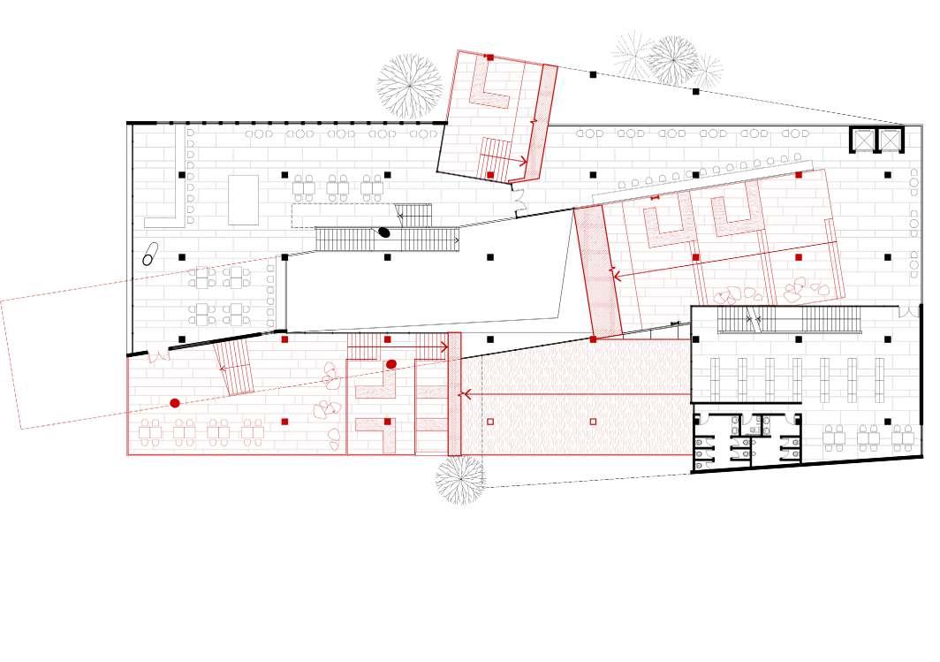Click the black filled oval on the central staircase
point(384,232)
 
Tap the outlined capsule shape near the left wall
point(149,254)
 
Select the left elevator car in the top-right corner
point(862,140)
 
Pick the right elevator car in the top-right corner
point(889,140)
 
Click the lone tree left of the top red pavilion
point(409,86)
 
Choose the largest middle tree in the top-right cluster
point(673,60)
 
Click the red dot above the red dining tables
point(175,403)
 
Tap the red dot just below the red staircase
point(391,364)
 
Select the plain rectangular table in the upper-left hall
point(243,200)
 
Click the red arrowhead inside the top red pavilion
point(524,161)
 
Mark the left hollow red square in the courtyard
point(490,422)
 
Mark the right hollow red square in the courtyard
point(593,422)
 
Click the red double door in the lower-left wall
point(157,355)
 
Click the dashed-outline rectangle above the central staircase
point(344,216)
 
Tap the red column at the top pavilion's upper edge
point(489,57)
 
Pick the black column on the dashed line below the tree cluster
point(695,91)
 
